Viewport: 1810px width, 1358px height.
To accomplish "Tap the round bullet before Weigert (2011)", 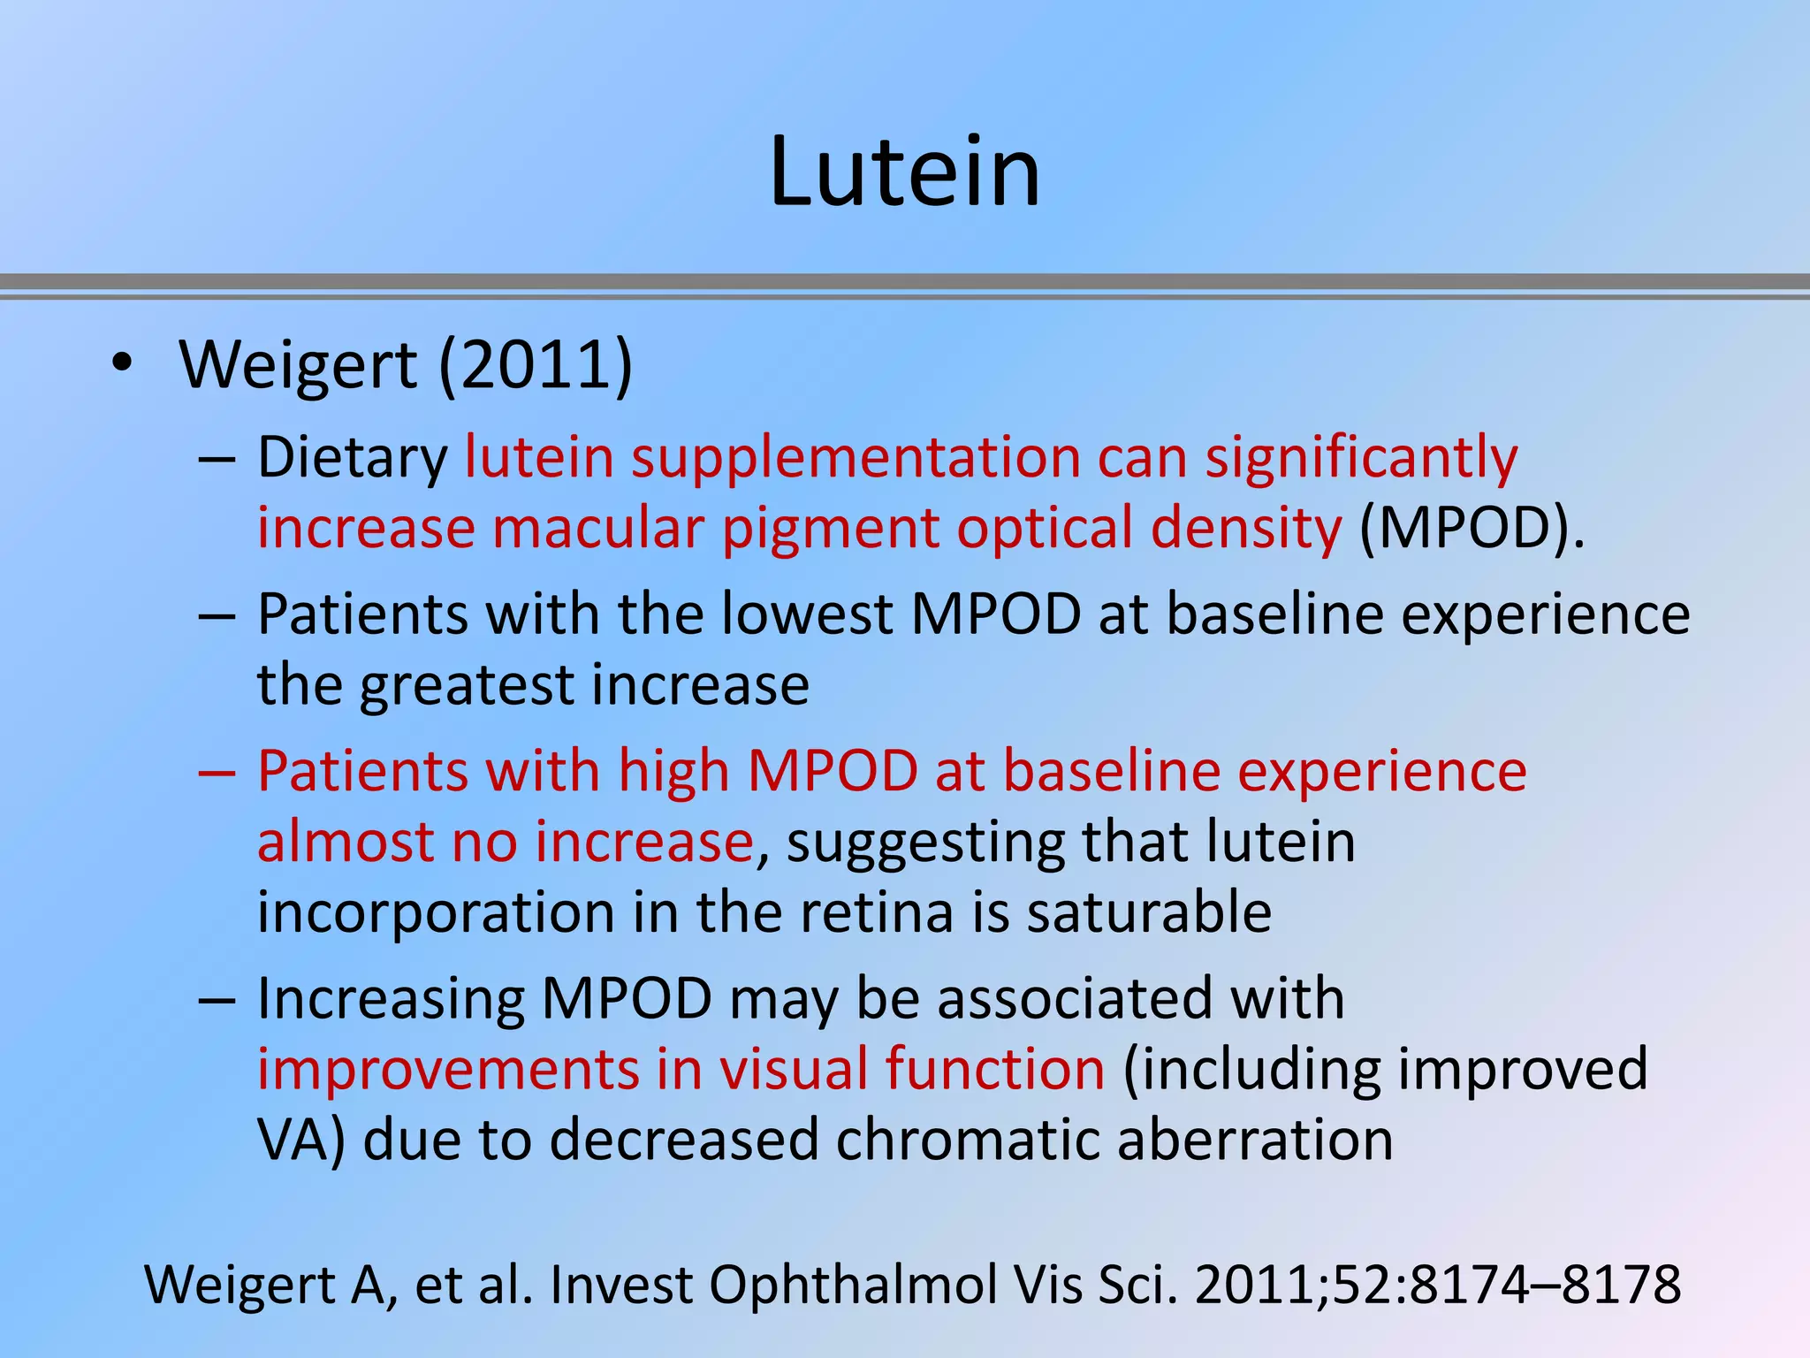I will [x=122, y=363].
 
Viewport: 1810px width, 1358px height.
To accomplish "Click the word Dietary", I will [x=353, y=458].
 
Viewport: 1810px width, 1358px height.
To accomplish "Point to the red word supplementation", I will [x=856, y=458].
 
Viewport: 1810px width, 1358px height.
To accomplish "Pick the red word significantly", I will [x=1361, y=458].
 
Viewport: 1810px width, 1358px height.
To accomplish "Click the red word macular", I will [x=598, y=528].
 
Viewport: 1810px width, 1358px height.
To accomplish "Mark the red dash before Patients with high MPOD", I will [x=217, y=772].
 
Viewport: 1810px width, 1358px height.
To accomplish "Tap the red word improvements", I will [x=448, y=1068].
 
